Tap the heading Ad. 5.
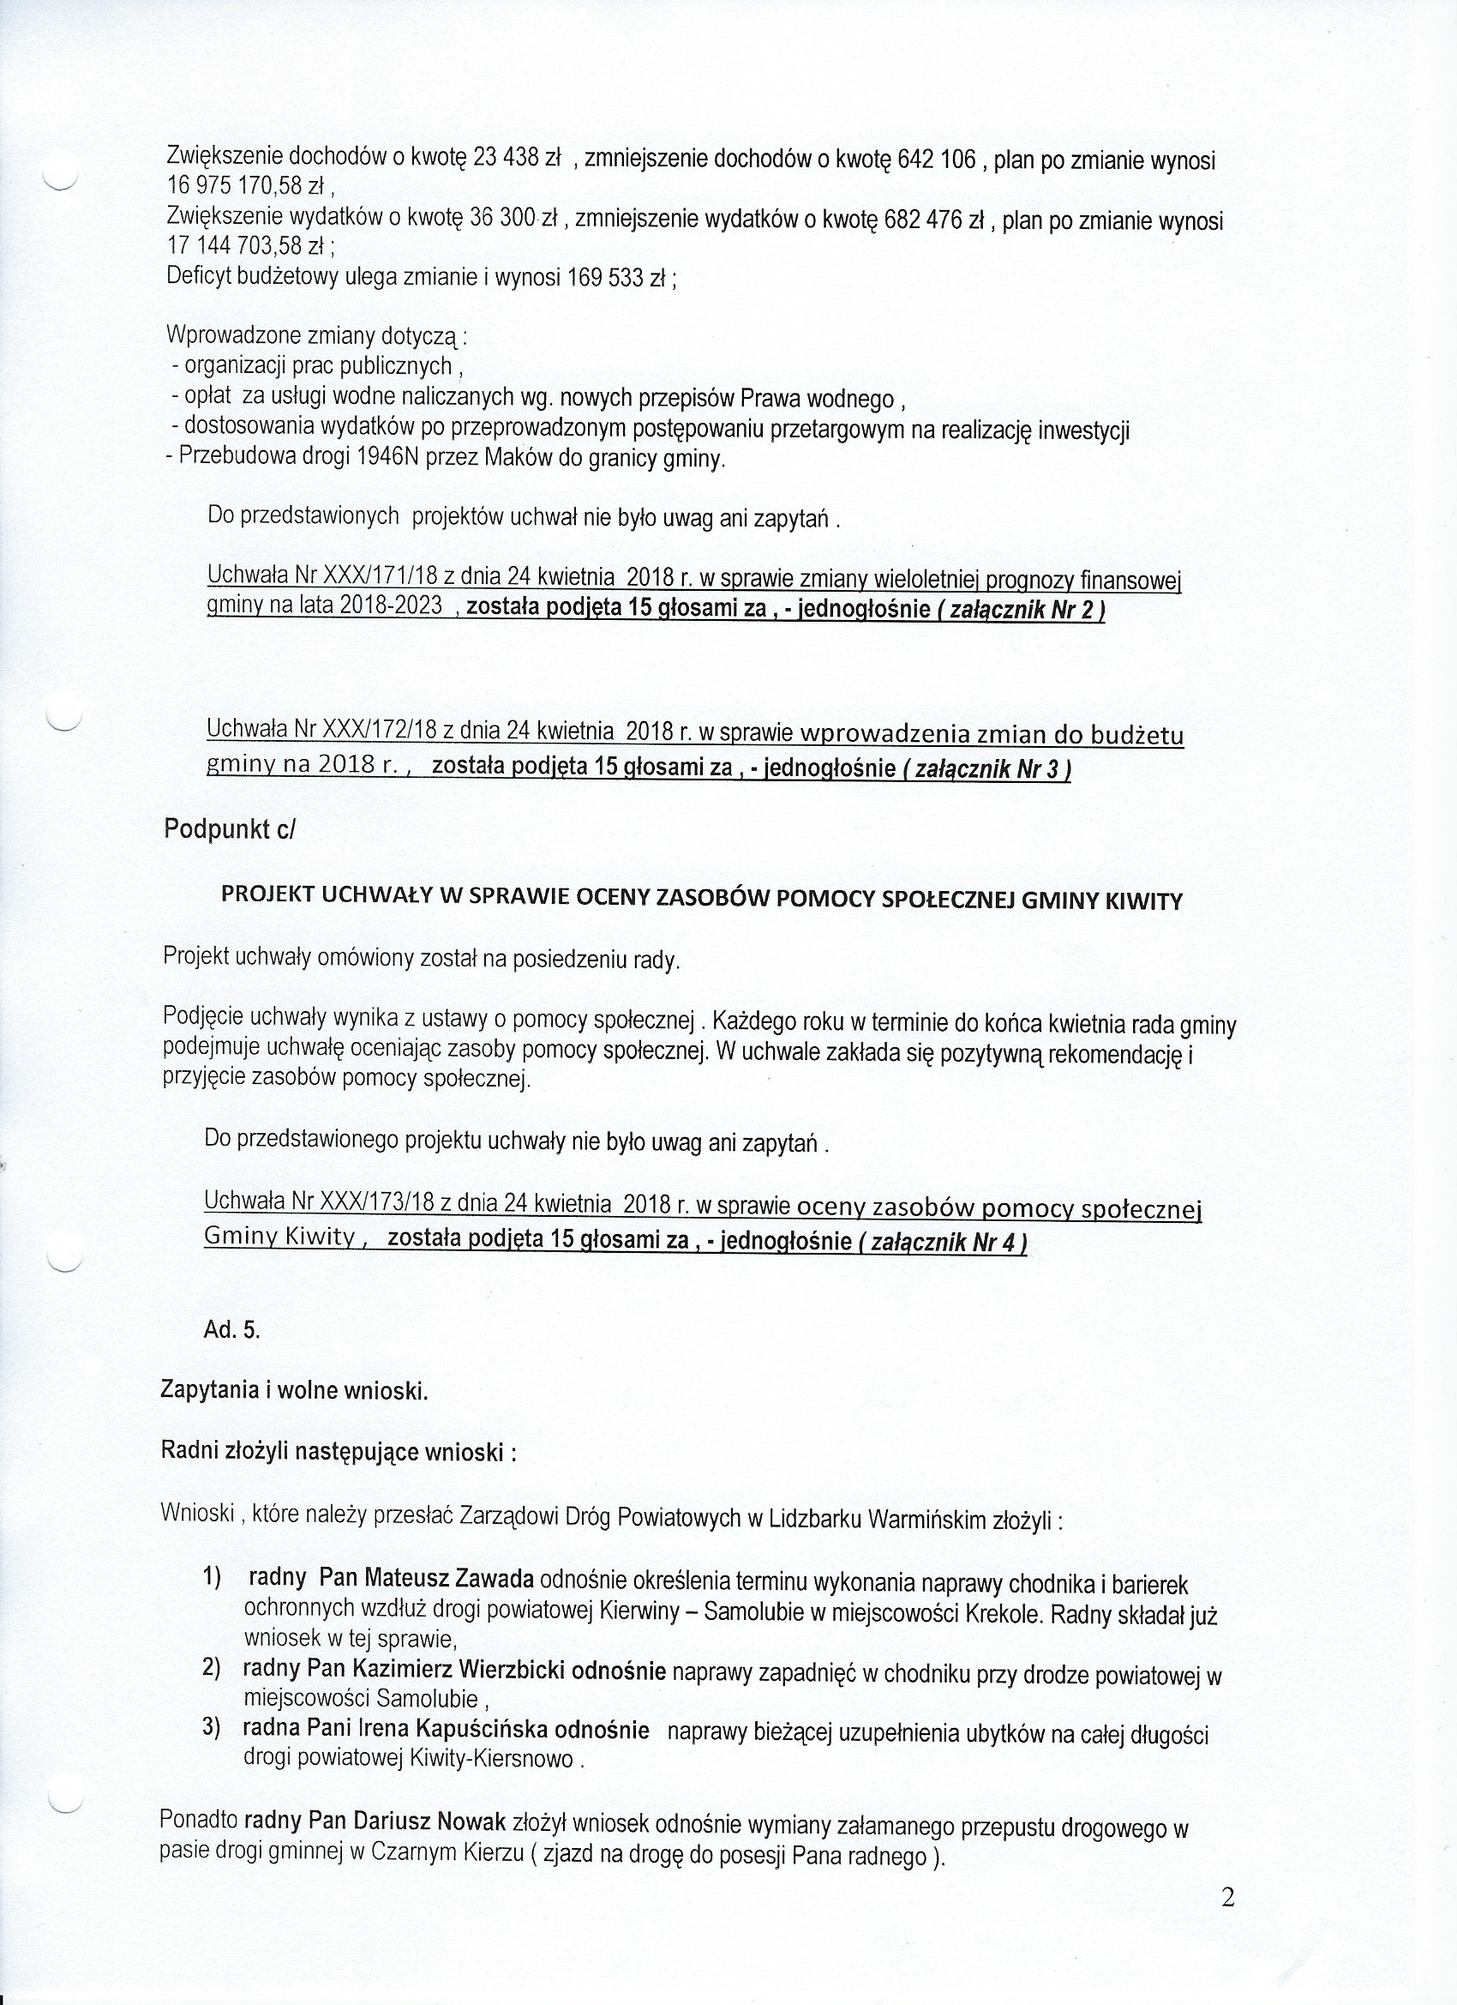(231, 1330)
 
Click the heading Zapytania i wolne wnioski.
(294, 1392)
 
